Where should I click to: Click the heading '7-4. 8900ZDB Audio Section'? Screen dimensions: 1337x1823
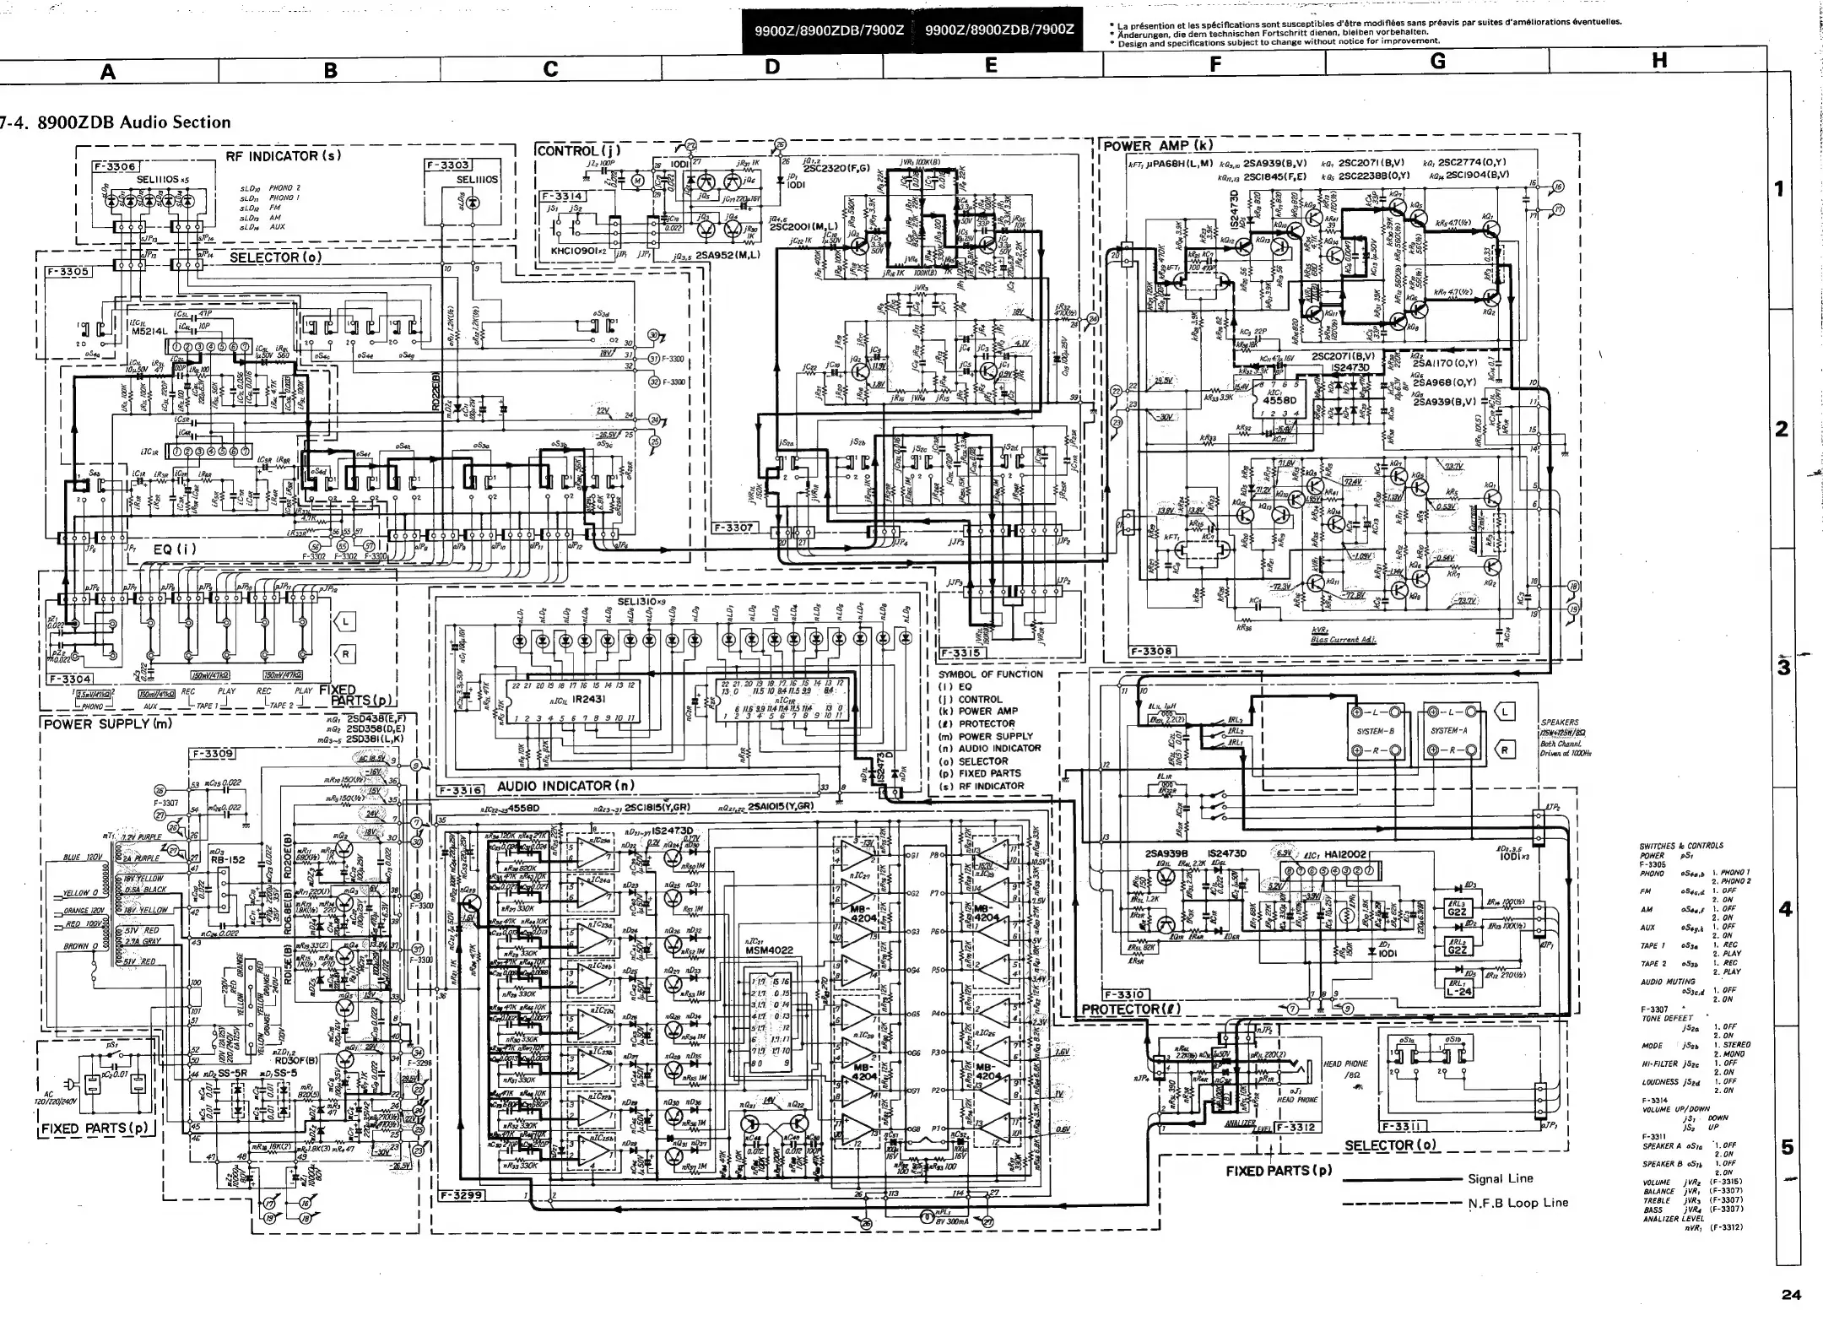point(116,122)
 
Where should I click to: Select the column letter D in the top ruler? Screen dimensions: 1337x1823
point(772,68)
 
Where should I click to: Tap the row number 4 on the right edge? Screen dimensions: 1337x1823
point(1784,910)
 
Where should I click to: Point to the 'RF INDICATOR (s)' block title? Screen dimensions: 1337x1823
point(284,156)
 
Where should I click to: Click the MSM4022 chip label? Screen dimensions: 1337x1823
point(765,950)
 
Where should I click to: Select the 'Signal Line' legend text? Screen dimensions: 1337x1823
point(1500,1179)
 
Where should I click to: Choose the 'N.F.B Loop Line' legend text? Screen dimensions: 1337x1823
point(1517,1203)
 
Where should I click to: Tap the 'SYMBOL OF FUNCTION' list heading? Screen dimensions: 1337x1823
point(990,674)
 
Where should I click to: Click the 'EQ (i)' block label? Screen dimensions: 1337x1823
point(175,549)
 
